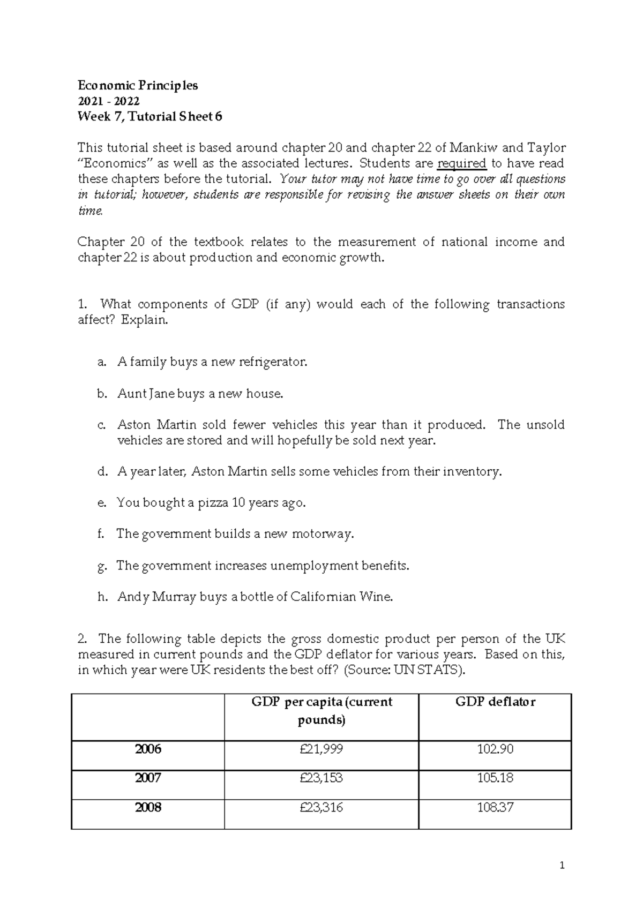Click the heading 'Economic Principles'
[x=138, y=86]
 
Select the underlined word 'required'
[x=462, y=163]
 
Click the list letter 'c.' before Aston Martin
[x=102, y=425]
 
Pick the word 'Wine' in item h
[x=378, y=597]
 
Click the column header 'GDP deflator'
[x=495, y=702]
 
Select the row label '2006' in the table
[x=148, y=749]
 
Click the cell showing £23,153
[x=322, y=778]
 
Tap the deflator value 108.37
[x=495, y=807]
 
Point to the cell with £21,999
[x=322, y=749]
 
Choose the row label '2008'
[x=148, y=807]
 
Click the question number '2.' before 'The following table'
[x=82, y=639]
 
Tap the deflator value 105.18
[x=495, y=778]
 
